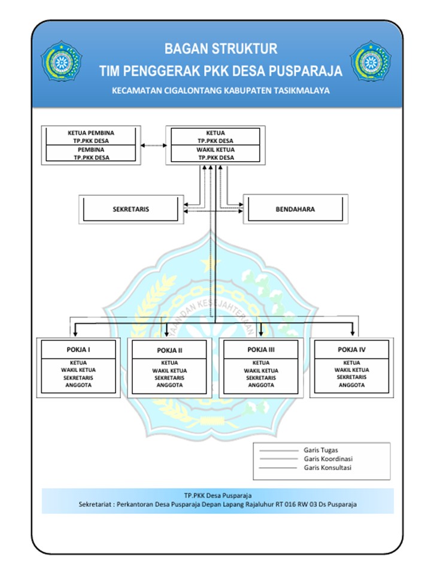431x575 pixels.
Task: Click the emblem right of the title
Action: [x=371, y=61]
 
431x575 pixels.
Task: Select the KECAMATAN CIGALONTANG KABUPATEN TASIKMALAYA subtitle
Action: [x=221, y=91]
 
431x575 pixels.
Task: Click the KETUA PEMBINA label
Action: [x=92, y=132]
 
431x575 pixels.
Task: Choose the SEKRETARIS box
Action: [x=130, y=210]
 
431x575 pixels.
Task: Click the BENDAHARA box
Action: [x=295, y=210]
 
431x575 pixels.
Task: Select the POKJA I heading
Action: [x=78, y=349]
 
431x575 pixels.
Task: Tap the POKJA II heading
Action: [x=170, y=350]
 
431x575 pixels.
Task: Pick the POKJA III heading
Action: [x=261, y=349]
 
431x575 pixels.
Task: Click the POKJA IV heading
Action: [x=351, y=349]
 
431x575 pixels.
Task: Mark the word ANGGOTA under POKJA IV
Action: [x=351, y=385]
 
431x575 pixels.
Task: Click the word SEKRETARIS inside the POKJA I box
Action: [x=78, y=377]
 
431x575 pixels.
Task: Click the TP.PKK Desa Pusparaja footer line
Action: [x=218, y=495]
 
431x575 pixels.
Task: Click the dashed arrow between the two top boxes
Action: [x=153, y=145]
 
